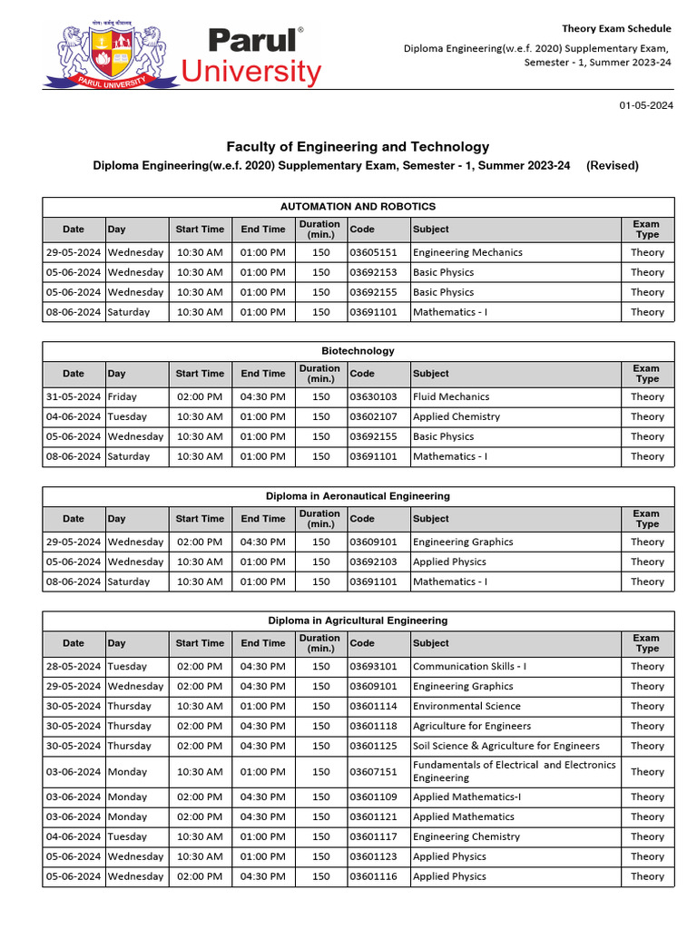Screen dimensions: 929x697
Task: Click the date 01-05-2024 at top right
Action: click(646, 106)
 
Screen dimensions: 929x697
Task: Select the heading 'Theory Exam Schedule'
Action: click(616, 29)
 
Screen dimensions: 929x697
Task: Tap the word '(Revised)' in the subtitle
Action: click(613, 166)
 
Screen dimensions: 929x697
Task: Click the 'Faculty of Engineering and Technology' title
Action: click(358, 147)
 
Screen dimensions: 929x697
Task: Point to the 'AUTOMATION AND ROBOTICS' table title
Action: click(358, 207)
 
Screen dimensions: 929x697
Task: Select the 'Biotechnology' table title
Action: click(358, 351)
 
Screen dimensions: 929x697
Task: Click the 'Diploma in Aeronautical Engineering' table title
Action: click(358, 496)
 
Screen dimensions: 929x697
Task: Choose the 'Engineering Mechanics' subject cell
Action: click(467, 253)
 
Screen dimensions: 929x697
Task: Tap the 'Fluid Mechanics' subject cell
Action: click(451, 397)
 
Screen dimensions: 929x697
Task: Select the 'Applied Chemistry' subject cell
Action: click(456, 417)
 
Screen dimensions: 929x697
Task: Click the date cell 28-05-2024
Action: click(74, 667)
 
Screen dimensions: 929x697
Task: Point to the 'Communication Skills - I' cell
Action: click(469, 667)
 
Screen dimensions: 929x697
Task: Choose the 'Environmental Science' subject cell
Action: click(466, 707)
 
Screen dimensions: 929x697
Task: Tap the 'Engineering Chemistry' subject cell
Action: click(466, 837)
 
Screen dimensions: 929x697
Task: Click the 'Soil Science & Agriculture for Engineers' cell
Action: click(506, 747)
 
